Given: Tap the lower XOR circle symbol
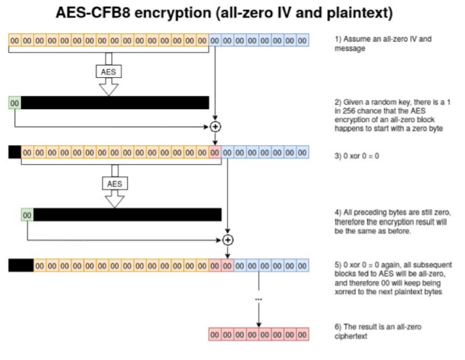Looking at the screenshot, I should [228, 239].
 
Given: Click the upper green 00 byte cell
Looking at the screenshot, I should [14, 103].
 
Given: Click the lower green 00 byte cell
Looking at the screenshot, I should [27, 214].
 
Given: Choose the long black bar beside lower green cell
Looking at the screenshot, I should [128, 214].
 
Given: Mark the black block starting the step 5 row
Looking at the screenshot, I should [21, 265].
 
